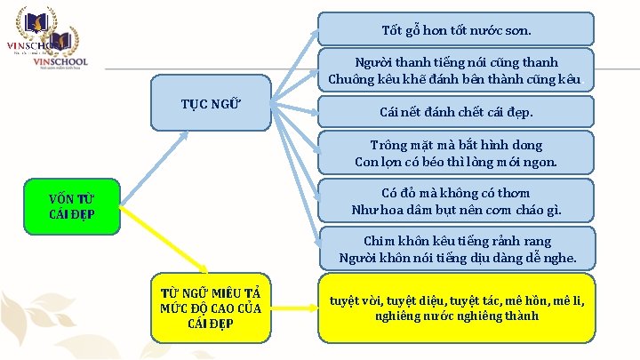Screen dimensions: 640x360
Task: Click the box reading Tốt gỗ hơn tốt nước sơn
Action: click(456, 29)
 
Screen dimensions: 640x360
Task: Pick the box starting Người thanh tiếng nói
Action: click(456, 70)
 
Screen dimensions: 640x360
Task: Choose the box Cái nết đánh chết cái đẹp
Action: click(456, 113)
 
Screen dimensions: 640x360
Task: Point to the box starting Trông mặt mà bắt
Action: click(456, 153)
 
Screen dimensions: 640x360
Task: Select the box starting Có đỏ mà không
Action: click(456, 201)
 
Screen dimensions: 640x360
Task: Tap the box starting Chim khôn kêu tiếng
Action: click(456, 249)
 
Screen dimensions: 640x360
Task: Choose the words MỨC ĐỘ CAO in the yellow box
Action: click(200, 308)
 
